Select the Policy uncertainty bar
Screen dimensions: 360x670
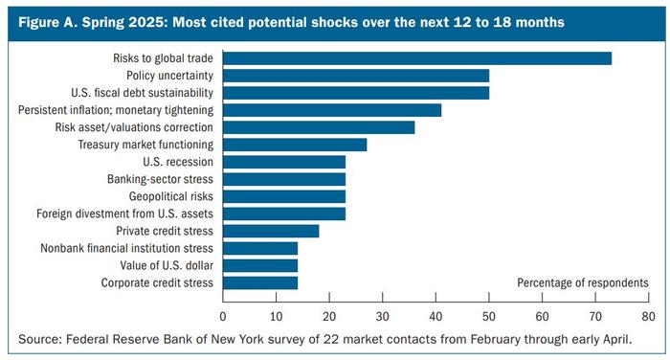point(355,76)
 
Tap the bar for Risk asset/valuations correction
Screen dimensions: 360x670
point(319,127)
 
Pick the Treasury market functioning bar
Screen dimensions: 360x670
point(295,145)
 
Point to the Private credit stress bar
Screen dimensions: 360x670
point(271,231)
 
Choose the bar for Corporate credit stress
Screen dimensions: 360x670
point(260,282)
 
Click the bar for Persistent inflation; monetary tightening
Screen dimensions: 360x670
point(332,110)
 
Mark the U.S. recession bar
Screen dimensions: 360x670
point(284,162)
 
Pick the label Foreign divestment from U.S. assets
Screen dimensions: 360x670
point(125,214)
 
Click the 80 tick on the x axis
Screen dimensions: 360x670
point(648,314)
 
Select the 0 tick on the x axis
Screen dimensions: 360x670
point(223,314)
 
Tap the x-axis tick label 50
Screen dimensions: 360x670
point(489,314)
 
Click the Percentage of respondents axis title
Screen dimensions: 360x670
point(583,282)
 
